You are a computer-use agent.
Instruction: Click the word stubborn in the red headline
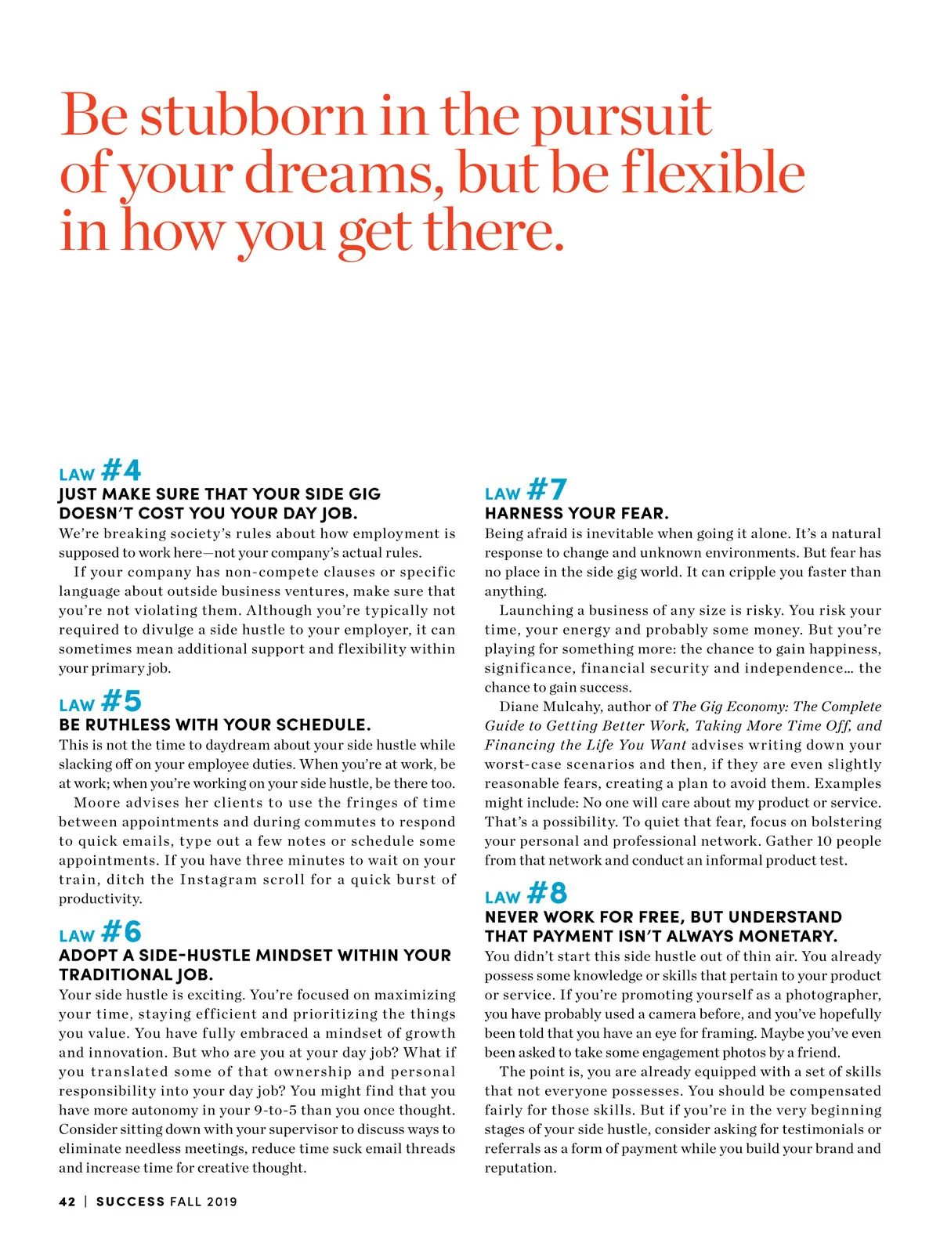(x=253, y=115)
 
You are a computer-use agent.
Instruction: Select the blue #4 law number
(x=121, y=471)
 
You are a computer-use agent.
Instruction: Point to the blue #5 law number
(x=121, y=701)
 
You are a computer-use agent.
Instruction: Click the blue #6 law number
(x=121, y=932)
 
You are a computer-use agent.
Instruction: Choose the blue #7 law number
(x=547, y=490)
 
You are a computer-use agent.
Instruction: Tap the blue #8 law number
(x=547, y=894)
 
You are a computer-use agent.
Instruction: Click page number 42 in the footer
(x=67, y=1202)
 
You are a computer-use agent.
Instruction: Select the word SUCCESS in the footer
(x=130, y=1202)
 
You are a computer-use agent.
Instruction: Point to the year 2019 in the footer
(x=222, y=1202)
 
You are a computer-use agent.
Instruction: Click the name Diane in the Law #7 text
(x=518, y=707)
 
